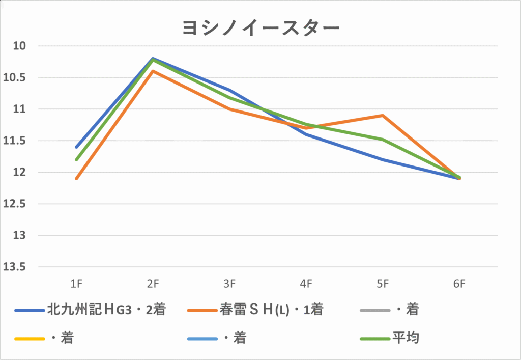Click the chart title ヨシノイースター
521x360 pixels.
tap(260, 27)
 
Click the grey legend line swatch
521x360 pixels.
tap(374, 310)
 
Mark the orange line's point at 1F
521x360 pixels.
tap(76, 179)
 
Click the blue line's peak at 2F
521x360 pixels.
tap(153, 59)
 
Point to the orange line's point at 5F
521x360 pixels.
tap(383, 116)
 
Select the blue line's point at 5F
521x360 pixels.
tap(383, 159)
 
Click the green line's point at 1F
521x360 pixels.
tap(76, 159)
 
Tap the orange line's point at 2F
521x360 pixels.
tap(153, 71)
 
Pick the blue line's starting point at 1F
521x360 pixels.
tap(76, 147)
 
